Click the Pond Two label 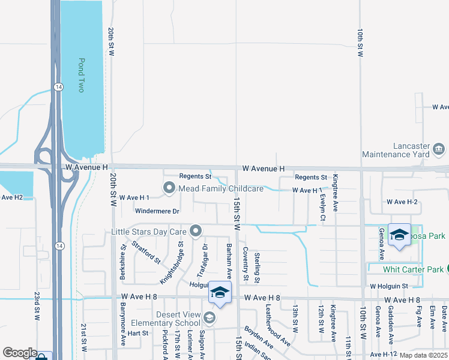pos(81,75)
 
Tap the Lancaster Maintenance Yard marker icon pos(438,148)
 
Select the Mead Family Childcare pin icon pos(169,189)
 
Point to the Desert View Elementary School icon pos(209,317)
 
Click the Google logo pos(20,353)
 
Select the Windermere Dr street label pos(157,211)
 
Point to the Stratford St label pos(146,252)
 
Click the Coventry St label pos(246,265)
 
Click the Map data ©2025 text pos(424,355)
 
